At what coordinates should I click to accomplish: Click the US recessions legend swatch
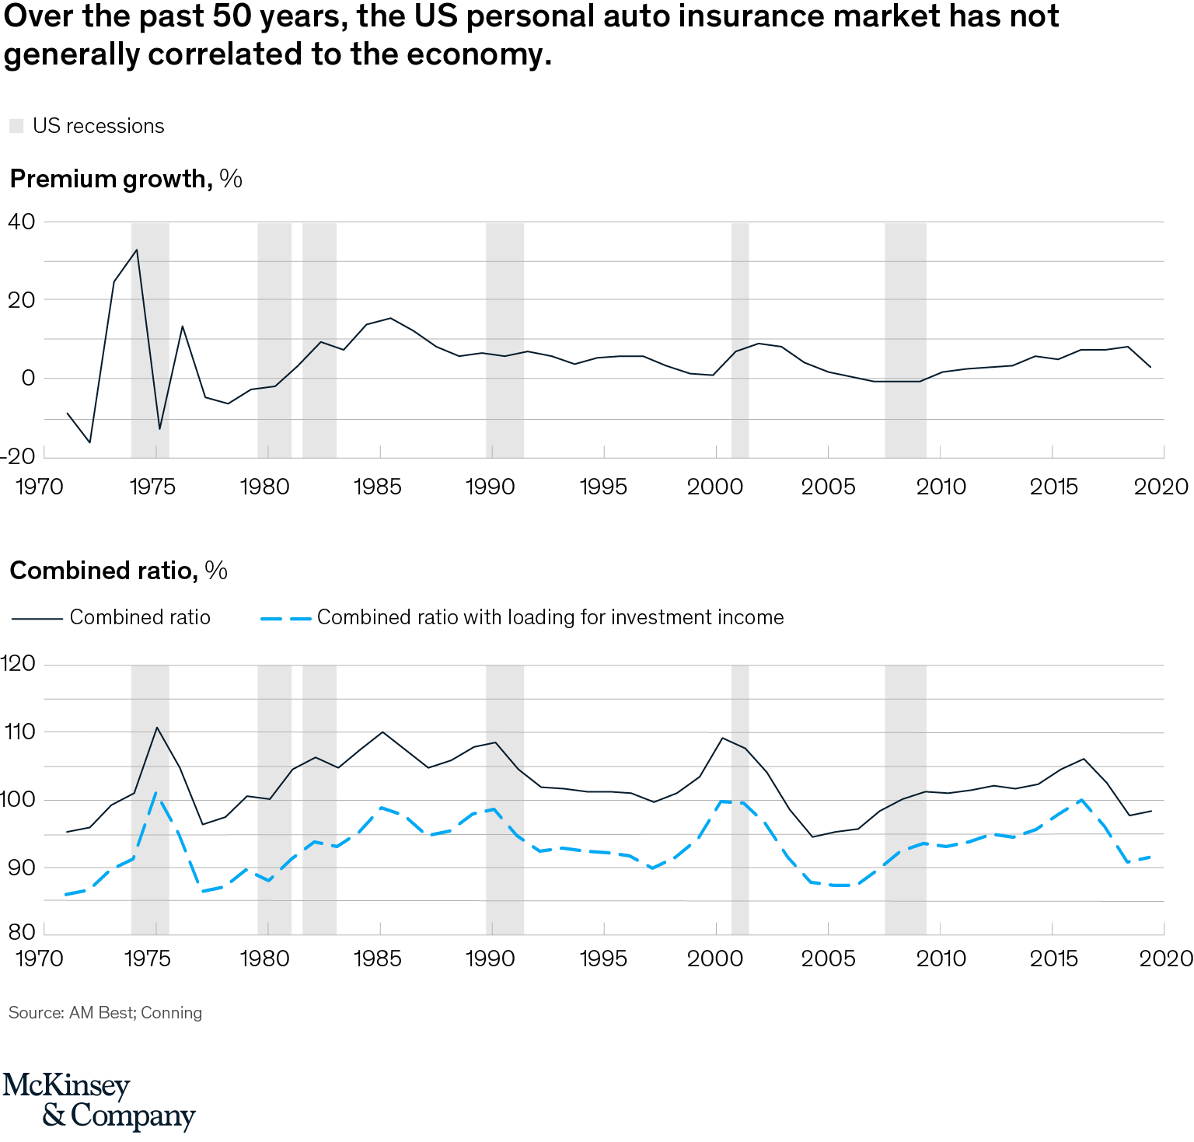coord(16,126)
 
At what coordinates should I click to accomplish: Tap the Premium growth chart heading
coord(125,179)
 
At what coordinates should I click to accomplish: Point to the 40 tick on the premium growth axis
coord(22,222)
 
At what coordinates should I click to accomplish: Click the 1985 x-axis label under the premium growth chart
coord(378,487)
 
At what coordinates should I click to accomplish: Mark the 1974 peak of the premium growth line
coord(137,250)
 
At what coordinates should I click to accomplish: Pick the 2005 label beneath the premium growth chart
coord(828,487)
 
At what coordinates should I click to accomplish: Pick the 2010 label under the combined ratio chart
coord(941,959)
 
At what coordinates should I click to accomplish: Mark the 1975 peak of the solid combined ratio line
coord(157,728)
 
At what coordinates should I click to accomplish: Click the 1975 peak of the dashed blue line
coord(157,793)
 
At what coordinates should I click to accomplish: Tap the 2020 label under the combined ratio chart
coord(1164,959)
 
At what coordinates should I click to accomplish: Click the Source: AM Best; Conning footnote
coord(105,1013)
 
